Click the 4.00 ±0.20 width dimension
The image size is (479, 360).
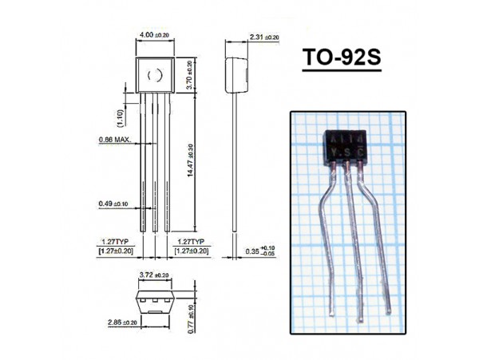click(153, 36)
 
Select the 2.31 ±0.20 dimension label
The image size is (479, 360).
click(263, 37)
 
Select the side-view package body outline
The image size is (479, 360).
click(234, 73)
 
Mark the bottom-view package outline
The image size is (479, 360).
click(154, 303)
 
